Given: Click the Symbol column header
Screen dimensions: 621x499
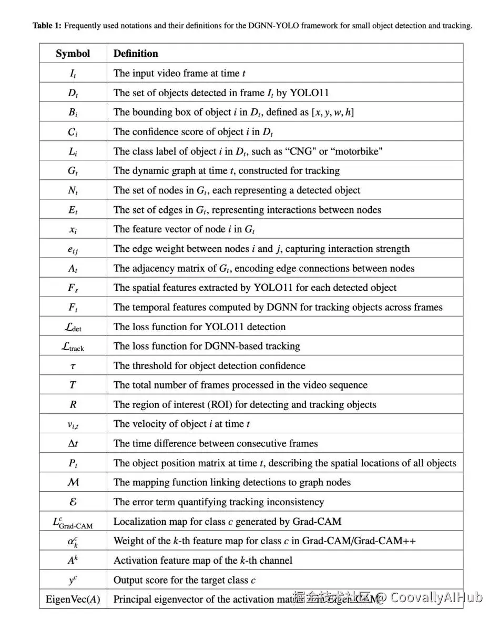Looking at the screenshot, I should tap(73, 54).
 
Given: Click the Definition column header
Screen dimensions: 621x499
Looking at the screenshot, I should tap(136, 54).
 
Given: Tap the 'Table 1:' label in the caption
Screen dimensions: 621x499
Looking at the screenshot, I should tap(47, 25).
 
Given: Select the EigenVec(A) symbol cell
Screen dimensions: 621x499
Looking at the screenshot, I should tap(73, 599).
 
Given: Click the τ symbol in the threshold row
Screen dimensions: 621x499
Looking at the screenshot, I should tap(73, 366).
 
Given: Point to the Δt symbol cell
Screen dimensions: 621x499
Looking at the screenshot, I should tap(73, 443).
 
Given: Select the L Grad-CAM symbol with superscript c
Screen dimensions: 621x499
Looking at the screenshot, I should tap(73, 522).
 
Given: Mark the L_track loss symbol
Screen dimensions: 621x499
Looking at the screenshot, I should tap(73, 347).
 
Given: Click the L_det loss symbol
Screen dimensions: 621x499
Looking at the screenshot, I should tap(73, 327).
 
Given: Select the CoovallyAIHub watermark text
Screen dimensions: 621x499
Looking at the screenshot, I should tap(436, 597).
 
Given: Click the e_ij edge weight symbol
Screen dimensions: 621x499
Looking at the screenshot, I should tap(73, 249).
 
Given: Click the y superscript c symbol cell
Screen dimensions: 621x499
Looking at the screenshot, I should tap(73, 580).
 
